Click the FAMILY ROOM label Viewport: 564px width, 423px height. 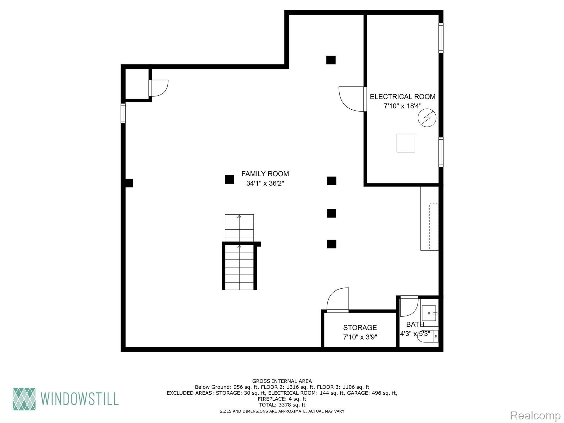pyautogui.click(x=265, y=174)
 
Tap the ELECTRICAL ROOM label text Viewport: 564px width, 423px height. pyautogui.click(x=402, y=97)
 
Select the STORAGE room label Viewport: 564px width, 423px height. pyautogui.click(x=360, y=327)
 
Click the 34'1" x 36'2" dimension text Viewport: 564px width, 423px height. pyautogui.click(x=265, y=183)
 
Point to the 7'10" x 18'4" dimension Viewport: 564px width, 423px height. pyautogui.click(x=402, y=106)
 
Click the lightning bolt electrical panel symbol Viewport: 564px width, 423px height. pyautogui.click(x=427, y=118)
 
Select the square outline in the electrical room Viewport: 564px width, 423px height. pyautogui.click(x=406, y=143)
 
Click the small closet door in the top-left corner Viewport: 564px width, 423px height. pyautogui.click(x=159, y=88)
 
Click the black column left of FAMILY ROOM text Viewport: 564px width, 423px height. pyautogui.click(x=229, y=180)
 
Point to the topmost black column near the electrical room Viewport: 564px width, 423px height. pyautogui.click(x=331, y=60)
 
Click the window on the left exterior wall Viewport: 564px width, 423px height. pyautogui.click(x=123, y=113)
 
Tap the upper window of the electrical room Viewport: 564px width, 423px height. pyautogui.click(x=441, y=38)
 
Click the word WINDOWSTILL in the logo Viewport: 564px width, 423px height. pyautogui.click(x=80, y=398)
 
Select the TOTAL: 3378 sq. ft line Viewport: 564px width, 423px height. pyautogui.click(x=282, y=405)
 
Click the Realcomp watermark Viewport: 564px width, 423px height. pyautogui.click(x=535, y=415)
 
